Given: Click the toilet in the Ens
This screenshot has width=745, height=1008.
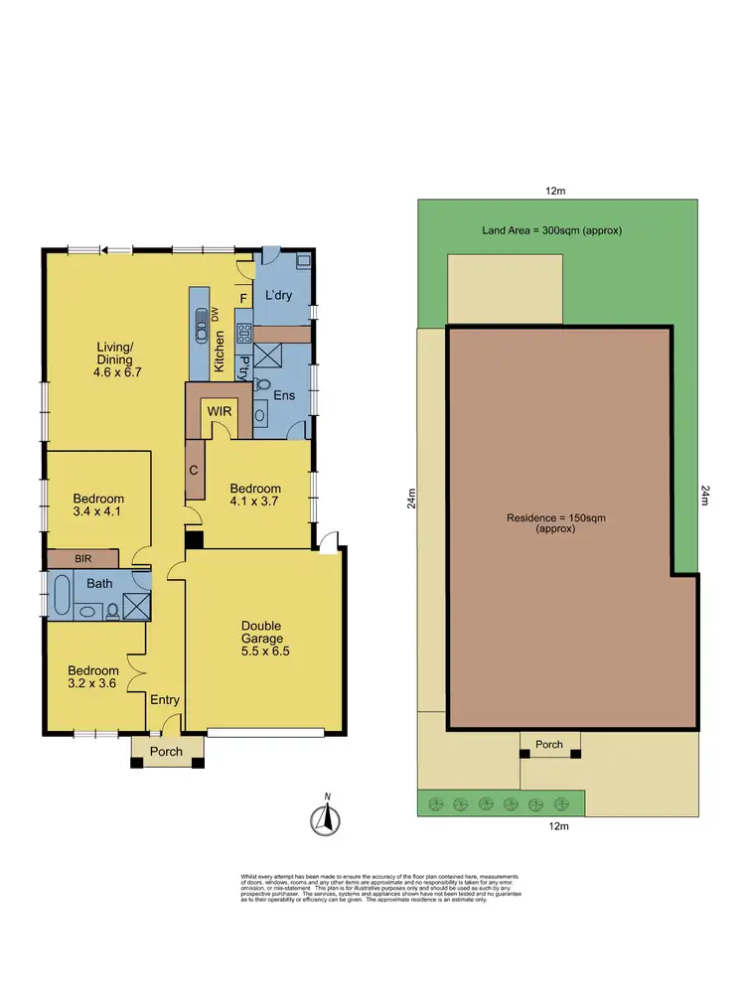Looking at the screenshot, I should click(x=263, y=384).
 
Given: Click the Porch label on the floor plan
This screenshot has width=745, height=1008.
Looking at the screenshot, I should click(x=166, y=751).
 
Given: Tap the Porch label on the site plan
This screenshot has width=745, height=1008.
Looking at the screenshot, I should click(x=549, y=744).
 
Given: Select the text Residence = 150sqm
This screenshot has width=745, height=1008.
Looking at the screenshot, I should click(x=549, y=518).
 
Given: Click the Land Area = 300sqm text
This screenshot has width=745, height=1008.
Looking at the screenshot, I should click(x=551, y=230).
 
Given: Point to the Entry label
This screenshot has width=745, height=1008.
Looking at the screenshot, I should click(x=165, y=700).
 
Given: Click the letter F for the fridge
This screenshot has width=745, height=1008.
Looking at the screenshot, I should click(x=242, y=296).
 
